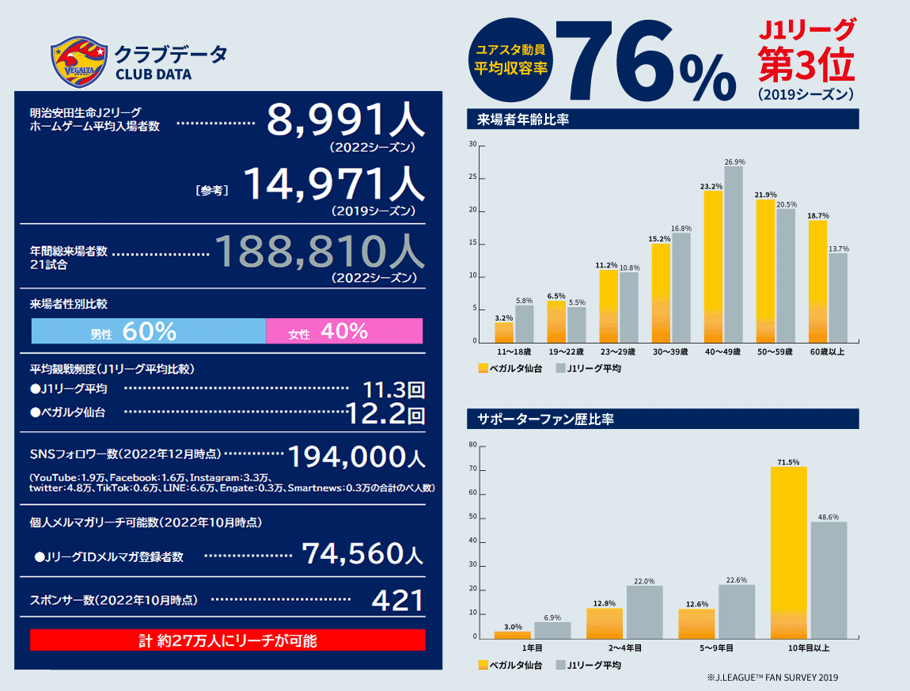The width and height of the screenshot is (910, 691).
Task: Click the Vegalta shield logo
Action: click(x=78, y=63)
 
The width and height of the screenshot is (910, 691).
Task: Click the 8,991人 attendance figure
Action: click(x=345, y=121)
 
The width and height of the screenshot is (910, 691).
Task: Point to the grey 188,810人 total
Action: click(x=320, y=252)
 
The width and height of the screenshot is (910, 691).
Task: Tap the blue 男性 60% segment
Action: click(x=148, y=331)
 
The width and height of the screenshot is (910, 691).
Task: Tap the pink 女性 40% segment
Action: click(x=344, y=331)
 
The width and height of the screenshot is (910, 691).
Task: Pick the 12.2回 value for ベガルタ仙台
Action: click(x=386, y=412)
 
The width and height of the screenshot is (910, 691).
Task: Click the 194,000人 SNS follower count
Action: click(x=355, y=457)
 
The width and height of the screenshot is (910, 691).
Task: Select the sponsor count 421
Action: click(x=398, y=601)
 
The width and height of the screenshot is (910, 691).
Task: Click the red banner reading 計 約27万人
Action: click(x=228, y=640)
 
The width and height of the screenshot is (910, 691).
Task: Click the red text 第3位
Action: click(x=806, y=65)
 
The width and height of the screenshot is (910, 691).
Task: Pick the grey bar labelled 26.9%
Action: click(x=734, y=254)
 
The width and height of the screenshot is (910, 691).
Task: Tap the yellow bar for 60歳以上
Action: click(x=817, y=281)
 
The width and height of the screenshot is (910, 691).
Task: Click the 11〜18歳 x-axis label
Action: click(x=514, y=351)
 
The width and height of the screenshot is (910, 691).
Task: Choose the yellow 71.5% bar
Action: click(x=788, y=552)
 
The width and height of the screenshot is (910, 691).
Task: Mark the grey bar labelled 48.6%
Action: click(x=828, y=579)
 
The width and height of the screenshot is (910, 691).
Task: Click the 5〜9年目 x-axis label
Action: click(x=716, y=647)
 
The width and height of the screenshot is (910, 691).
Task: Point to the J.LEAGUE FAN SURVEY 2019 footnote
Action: click(x=772, y=678)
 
